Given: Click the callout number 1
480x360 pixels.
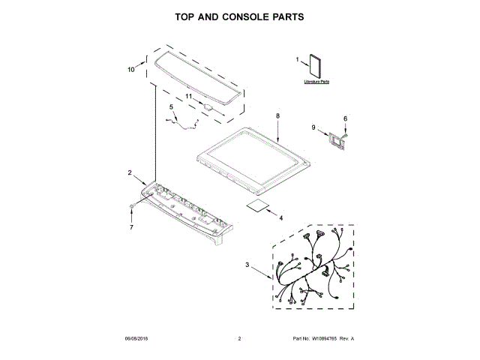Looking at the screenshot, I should point(296,59).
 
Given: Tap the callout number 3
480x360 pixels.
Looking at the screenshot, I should point(247,264).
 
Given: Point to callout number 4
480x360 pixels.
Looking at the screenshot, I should point(280,218).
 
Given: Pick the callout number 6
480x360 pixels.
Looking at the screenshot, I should point(345,118).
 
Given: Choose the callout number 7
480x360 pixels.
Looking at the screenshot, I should point(131,226).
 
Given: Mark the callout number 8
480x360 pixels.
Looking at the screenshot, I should point(277,116).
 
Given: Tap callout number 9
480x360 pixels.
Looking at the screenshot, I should point(314,128).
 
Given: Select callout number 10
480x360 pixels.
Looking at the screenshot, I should point(130,70).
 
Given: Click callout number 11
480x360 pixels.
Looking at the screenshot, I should point(189,97).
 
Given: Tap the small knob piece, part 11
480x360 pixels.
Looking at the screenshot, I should point(208,107).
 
